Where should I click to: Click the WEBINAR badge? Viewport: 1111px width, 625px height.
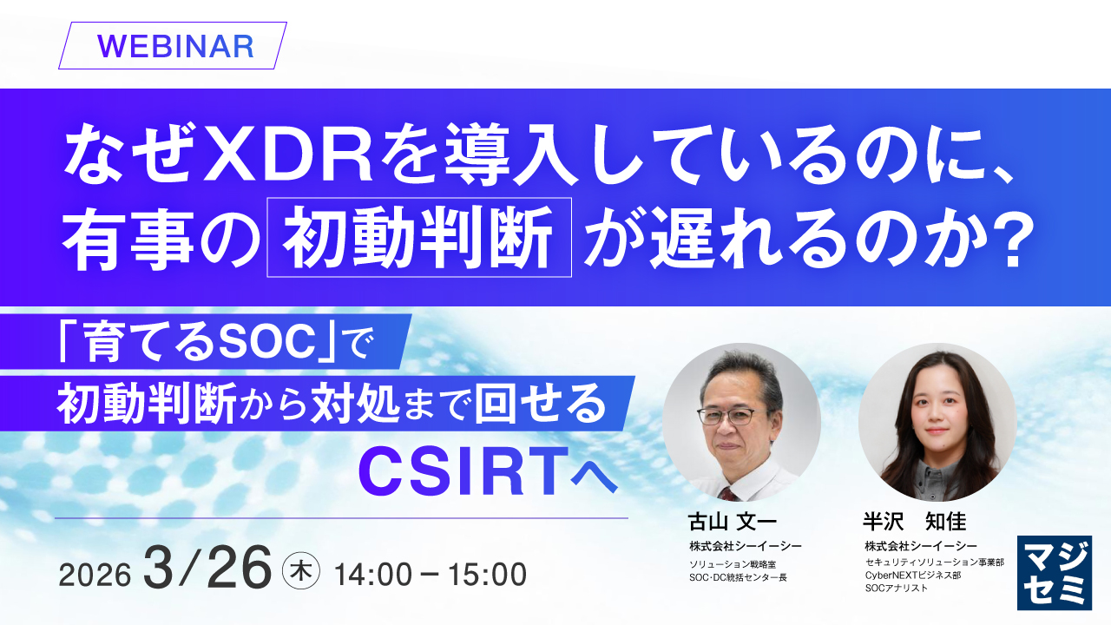pos(173,46)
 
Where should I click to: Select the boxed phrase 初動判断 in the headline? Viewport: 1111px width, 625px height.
pos(419,237)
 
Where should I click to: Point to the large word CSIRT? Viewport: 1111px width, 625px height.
pos(463,470)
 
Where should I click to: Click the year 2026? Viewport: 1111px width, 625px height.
pos(95,575)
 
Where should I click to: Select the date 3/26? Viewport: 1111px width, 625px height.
pos(207,568)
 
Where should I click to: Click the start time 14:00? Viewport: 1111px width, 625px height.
pos(373,575)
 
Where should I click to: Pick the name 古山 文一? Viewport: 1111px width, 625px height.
pos(732,522)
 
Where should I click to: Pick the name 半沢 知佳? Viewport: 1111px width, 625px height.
pos(915,522)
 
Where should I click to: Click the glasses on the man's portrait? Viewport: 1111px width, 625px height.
pos(734,416)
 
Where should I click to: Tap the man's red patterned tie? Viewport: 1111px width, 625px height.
pos(729,494)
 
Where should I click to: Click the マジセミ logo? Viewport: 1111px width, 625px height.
pos(1055,572)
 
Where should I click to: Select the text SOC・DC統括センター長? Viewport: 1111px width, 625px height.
pos(738,577)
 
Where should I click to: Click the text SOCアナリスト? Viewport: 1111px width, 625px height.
pos(897,588)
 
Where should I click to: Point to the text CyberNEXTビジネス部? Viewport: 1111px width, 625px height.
pos(913,575)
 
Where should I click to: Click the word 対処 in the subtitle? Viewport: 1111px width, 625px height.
pos(355,405)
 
